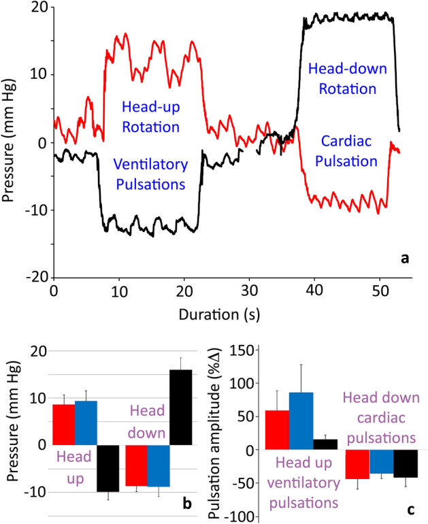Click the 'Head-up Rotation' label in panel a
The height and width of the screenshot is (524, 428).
(151, 116)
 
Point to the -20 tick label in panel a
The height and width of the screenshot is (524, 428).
(35, 277)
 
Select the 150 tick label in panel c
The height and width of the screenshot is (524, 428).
(244, 350)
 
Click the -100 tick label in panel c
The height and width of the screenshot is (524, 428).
(242, 517)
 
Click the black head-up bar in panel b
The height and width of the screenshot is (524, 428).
(109, 468)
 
